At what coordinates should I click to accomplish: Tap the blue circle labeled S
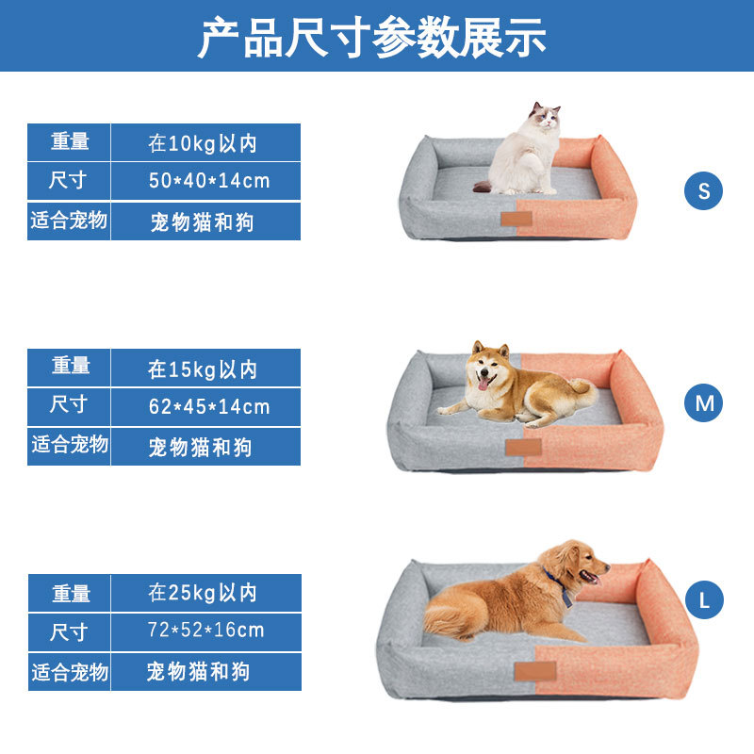703,191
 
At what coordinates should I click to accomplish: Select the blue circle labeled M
703,403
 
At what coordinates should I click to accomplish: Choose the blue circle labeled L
703,600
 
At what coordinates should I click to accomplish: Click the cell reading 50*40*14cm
208,181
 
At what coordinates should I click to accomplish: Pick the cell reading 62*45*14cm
208,407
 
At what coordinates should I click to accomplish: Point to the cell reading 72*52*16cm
206,631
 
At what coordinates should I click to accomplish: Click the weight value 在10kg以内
202,143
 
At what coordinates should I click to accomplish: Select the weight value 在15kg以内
202,369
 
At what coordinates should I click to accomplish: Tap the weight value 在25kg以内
202,593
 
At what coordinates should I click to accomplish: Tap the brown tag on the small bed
515,220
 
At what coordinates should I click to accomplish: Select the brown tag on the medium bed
523,446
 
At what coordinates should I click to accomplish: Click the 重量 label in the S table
70,142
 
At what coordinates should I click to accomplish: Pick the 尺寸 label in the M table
70,405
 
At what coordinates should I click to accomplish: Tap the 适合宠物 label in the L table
70,672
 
